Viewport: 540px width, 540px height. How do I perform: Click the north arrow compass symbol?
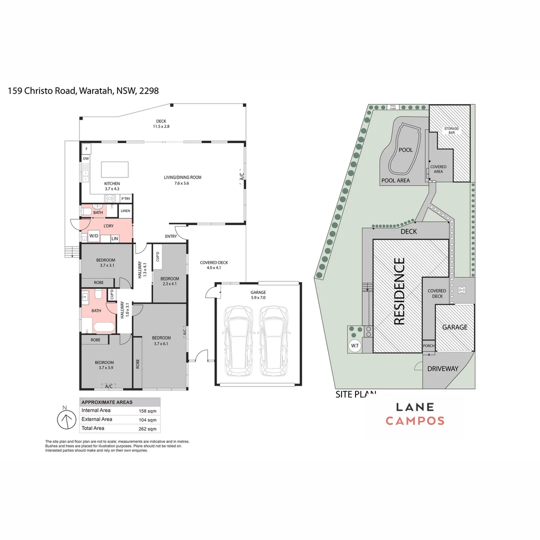click(x=64, y=418)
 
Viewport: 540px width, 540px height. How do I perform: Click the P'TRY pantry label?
click(x=125, y=199)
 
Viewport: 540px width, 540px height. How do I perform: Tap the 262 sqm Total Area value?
click(x=147, y=428)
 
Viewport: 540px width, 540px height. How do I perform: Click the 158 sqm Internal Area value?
click(x=147, y=410)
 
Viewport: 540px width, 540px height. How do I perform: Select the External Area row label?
click(x=97, y=419)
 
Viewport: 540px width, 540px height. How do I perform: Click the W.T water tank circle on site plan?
click(x=355, y=345)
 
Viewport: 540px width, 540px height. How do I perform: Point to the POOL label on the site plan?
click(x=405, y=150)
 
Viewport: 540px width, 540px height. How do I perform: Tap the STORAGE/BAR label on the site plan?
click(x=451, y=131)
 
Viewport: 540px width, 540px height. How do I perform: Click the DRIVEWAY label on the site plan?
click(x=442, y=369)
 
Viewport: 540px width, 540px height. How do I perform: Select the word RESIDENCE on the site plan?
click(x=399, y=291)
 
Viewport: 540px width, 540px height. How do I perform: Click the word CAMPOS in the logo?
click(x=414, y=420)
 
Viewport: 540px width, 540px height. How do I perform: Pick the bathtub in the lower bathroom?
click(x=103, y=327)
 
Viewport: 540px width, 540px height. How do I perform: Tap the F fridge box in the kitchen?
click(x=86, y=149)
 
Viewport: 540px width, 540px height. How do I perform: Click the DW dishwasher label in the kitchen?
click(x=86, y=159)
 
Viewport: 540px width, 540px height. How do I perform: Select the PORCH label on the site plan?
click(x=428, y=346)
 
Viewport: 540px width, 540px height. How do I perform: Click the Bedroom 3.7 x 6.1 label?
click(x=161, y=340)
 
